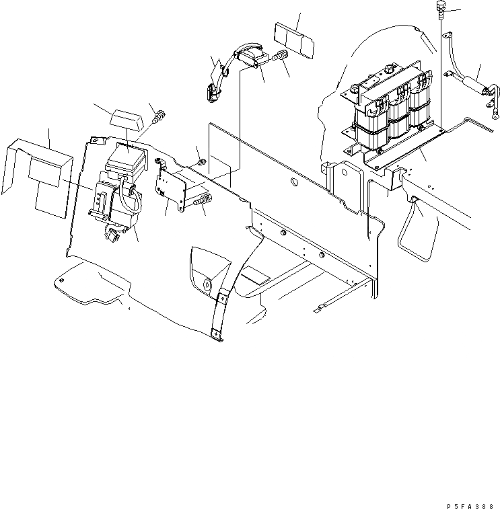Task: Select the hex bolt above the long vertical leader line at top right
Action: click(441, 9)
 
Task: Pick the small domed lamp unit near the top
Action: click(250, 56)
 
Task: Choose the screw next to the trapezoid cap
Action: click(160, 118)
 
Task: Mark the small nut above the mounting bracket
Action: click(202, 161)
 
